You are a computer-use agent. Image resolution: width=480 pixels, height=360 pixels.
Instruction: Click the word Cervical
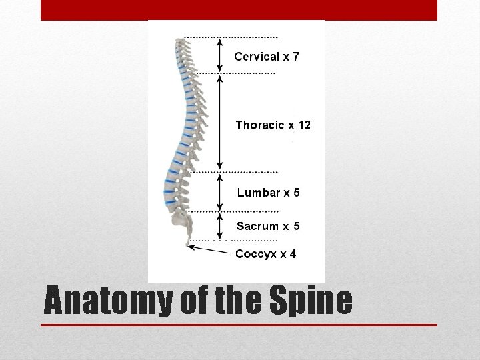click(x=257, y=57)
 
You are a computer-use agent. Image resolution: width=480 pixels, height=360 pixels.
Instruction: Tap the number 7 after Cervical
click(x=295, y=57)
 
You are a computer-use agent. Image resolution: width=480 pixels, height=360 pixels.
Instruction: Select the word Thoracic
click(x=261, y=125)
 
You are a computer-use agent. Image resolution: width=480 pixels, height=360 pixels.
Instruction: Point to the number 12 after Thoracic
click(x=303, y=125)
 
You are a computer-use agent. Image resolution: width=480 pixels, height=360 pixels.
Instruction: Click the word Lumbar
click(x=258, y=193)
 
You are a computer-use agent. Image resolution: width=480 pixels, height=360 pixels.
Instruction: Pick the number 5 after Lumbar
click(x=296, y=193)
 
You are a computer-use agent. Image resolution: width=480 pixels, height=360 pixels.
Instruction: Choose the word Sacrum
click(x=257, y=227)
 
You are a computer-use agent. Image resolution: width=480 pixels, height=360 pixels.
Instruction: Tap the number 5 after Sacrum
click(x=296, y=227)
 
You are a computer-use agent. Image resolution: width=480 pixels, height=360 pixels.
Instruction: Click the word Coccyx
click(x=257, y=254)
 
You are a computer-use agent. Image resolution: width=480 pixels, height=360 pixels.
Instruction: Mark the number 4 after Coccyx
click(x=293, y=254)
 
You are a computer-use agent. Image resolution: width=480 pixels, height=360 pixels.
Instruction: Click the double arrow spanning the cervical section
click(x=220, y=55)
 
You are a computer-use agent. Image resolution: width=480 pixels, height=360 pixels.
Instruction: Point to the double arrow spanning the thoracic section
click(x=220, y=121)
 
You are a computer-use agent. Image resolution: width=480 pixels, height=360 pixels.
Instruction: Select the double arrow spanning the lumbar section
click(x=220, y=192)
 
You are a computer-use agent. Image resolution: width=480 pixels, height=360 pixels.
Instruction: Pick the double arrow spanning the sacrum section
click(x=220, y=225)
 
